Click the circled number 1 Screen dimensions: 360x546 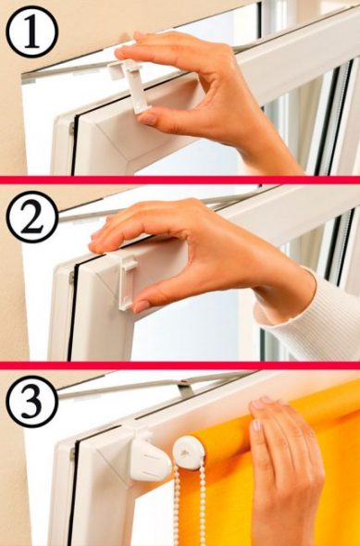click(x=32, y=31)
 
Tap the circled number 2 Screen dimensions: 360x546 click(x=32, y=217)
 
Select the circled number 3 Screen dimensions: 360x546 click(x=32, y=402)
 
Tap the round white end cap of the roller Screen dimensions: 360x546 click(x=189, y=453)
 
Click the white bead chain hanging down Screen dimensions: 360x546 click(x=190, y=506)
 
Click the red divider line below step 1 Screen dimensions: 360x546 click(x=180, y=180)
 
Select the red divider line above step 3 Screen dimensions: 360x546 click(x=180, y=366)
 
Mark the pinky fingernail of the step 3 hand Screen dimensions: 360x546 click(x=256, y=425)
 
